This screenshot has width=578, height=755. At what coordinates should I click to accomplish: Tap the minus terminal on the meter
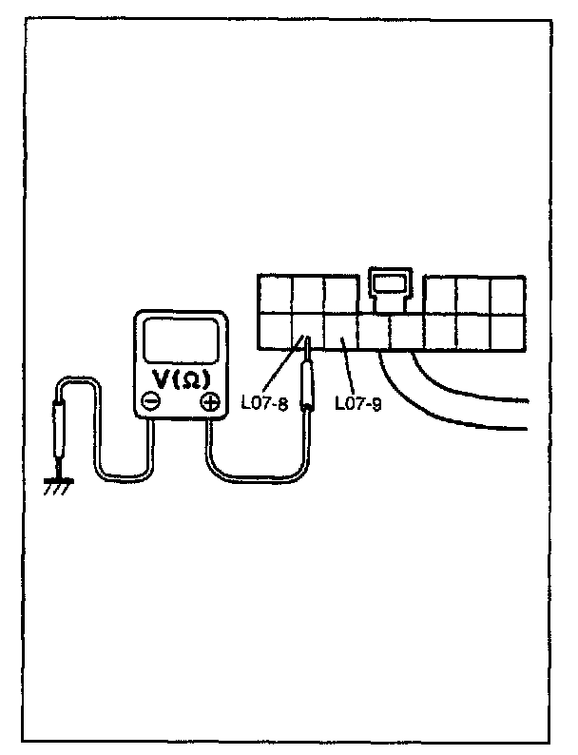pyautogui.click(x=151, y=401)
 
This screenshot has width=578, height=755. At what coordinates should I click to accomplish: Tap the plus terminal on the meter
pyautogui.click(x=209, y=401)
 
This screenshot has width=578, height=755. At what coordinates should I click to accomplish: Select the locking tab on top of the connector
pyautogui.click(x=389, y=284)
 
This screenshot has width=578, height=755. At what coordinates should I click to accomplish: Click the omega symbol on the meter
pyautogui.click(x=190, y=379)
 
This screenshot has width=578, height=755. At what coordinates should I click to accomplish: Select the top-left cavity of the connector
pyautogui.click(x=275, y=295)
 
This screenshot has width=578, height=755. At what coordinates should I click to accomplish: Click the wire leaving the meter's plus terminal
pyautogui.click(x=247, y=474)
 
